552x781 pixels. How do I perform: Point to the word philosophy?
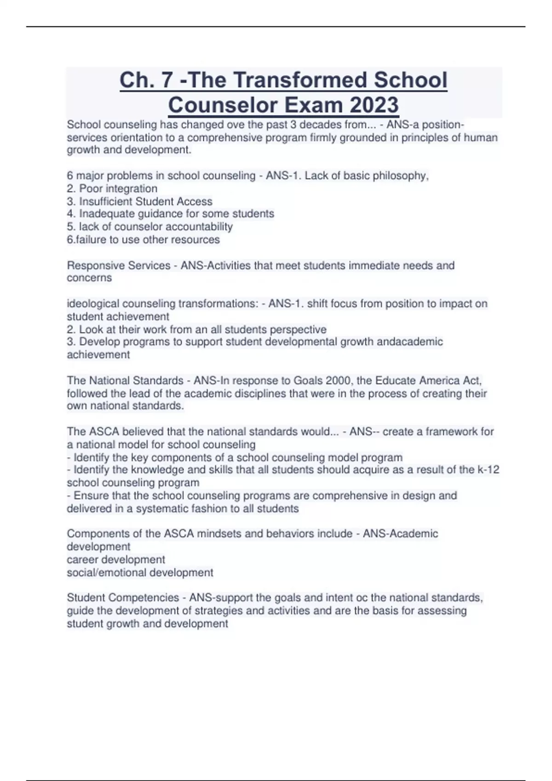(400, 175)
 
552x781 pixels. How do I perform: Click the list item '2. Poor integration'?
(112, 188)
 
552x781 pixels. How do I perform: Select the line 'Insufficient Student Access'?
(140, 201)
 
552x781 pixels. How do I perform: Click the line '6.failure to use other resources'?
(143, 239)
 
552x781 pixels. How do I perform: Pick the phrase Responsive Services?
(119, 266)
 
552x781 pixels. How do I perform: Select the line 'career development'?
(116, 560)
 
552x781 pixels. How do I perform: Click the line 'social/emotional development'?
(140, 572)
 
